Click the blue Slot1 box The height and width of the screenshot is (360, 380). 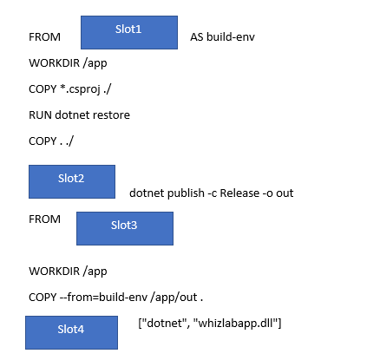tap(129, 32)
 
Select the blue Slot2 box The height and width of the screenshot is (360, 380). tap(72, 181)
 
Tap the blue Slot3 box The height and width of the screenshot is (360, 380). tap(125, 228)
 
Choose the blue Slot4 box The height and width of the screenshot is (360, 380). tap(71, 332)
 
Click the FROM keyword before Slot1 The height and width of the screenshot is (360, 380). tap(44, 37)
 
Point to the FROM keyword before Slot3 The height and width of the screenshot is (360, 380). tap(44, 219)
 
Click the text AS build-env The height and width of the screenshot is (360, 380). tap(222, 37)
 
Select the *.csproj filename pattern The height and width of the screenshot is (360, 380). tap(80, 89)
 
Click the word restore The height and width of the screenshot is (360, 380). tap(111, 115)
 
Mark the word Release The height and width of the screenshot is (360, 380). tap(239, 193)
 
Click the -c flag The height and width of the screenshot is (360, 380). tap(213, 193)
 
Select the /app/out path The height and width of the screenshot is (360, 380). tap(174, 298)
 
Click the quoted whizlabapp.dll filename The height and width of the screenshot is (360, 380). tap(235, 324)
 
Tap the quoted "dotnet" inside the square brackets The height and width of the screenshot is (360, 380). tap(166, 323)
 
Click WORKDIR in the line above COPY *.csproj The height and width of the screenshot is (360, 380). tap(54, 63)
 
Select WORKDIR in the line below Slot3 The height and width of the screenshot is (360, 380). tap(54, 272)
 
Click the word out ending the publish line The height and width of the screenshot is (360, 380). tap(285, 193)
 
